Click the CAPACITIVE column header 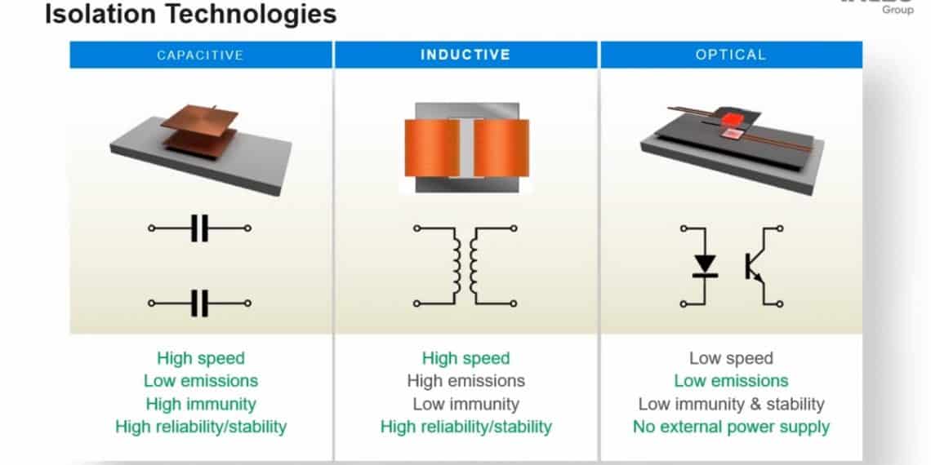point(201,55)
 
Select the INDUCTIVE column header point(465,55)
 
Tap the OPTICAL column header point(731,55)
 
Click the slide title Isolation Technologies point(189,14)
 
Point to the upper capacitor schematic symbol point(200,229)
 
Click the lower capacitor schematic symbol point(200,303)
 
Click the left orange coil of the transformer point(431,148)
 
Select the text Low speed point(731,358)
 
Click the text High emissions point(465,381)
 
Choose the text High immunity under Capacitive point(201,404)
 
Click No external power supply point(731,427)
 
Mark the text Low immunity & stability point(731,404)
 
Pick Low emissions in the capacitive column point(201,381)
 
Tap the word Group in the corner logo point(898,10)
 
